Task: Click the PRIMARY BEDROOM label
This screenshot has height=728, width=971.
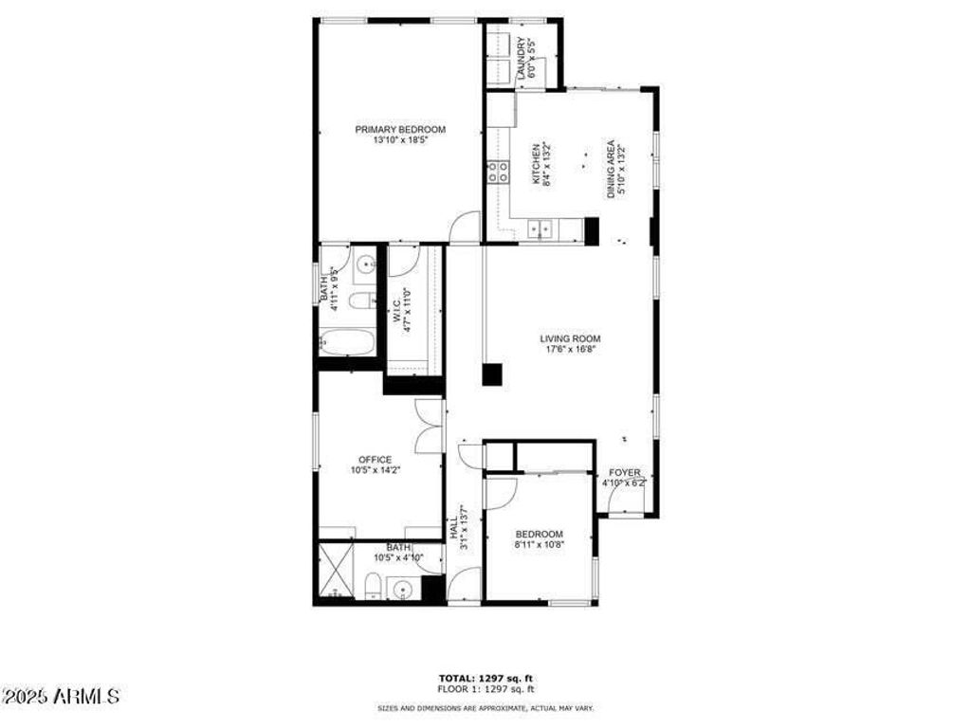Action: (400, 129)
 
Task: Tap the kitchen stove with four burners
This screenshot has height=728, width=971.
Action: (498, 172)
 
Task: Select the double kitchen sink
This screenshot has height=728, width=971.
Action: (540, 228)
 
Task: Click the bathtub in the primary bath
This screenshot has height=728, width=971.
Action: (345, 341)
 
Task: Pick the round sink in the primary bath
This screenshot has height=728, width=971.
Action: (366, 264)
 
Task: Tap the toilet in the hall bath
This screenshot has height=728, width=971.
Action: (374, 592)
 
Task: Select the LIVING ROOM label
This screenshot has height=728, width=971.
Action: (570, 338)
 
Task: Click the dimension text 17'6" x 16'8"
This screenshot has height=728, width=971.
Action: (570, 349)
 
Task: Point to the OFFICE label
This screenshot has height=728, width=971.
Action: (375, 460)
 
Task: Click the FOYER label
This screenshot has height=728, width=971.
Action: (625, 472)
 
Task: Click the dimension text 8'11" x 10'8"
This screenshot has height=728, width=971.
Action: (539, 544)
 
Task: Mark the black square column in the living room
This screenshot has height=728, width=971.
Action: (491, 373)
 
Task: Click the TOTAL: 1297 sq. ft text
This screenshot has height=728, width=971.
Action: (485, 678)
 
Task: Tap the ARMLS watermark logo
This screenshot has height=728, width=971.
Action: (61, 697)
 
